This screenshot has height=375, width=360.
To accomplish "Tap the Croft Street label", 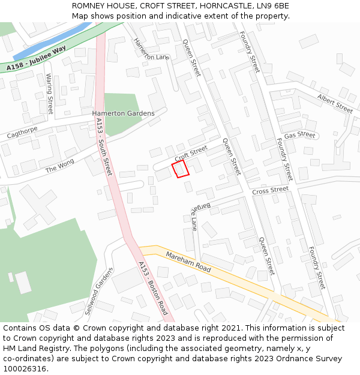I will [x=191, y=152].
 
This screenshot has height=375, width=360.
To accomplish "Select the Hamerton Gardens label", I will [x=123, y=113].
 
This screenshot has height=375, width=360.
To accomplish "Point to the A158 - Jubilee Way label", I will [x=36, y=62].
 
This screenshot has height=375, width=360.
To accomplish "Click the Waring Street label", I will [x=50, y=94].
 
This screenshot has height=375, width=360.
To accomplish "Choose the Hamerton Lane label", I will [x=151, y=49].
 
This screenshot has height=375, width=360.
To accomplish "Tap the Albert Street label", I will [x=335, y=103].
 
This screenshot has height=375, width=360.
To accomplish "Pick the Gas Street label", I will [x=299, y=136].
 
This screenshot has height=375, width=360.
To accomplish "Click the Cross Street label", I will [x=270, y=191].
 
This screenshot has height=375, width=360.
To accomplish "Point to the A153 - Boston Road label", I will [x=153, y=288].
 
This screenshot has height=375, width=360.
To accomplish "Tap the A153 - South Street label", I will [x=103, y=147].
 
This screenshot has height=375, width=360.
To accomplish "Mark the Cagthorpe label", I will [x=22, y=132].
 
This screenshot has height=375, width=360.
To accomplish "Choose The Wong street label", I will [x=60, y=166].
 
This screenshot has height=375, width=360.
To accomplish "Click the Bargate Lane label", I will [x=193, y=217].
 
